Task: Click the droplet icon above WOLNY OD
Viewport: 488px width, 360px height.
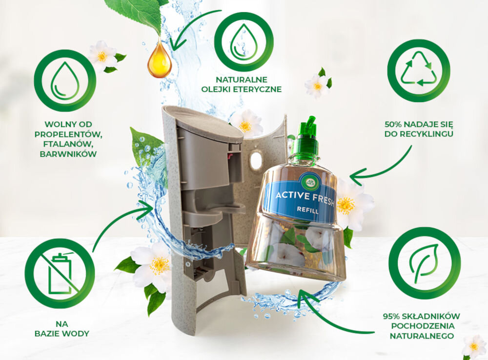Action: (x=65, y=81)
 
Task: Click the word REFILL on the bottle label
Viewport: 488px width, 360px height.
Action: (x=307, y=210)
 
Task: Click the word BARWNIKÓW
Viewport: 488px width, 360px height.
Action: (x=68, y=154)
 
